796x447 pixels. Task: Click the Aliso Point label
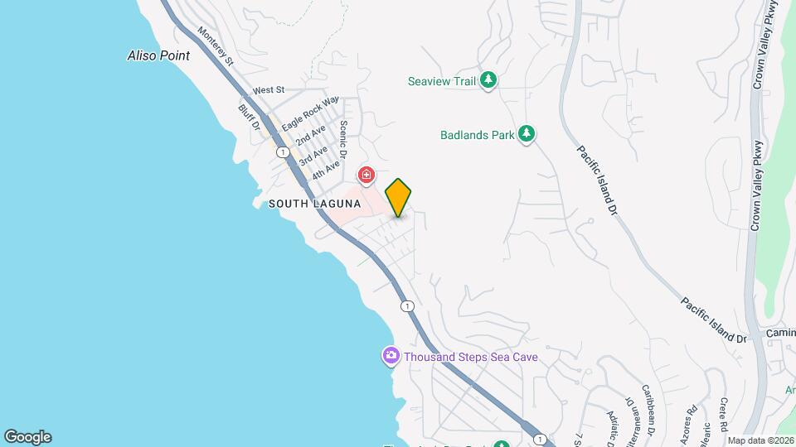(158, 56)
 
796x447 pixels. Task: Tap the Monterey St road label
(216, 46)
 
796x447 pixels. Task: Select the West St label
(269, 89)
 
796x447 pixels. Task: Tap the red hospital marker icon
(366, 175)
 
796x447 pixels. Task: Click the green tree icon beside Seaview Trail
(490, 80)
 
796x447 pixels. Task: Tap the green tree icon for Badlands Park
(527, 133)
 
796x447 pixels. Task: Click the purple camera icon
(391, 356)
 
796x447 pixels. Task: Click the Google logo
(27, 437)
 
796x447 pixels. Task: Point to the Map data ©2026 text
(760, 440)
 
